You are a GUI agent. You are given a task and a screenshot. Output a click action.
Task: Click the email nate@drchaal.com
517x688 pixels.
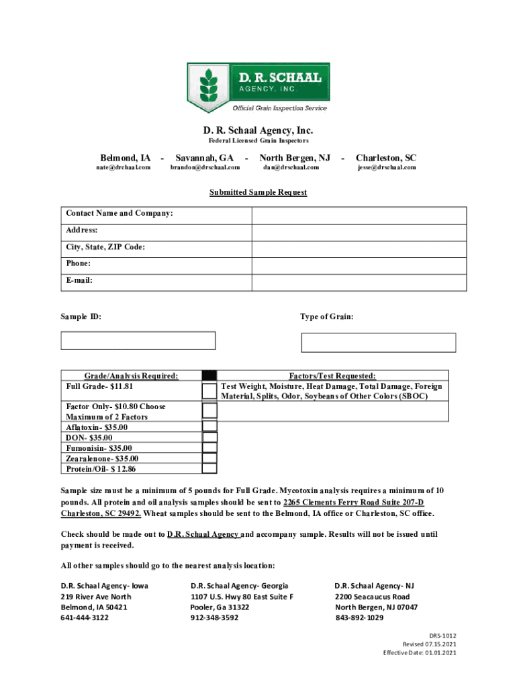123,167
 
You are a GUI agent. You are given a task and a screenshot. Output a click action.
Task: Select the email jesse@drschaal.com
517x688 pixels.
386,167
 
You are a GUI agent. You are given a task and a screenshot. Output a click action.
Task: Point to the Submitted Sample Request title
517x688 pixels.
258,192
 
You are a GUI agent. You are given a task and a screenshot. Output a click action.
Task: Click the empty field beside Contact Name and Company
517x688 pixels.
359,215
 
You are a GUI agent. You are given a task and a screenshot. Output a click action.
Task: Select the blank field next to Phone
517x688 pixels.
359,265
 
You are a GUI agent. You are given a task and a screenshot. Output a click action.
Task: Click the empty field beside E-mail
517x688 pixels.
359,282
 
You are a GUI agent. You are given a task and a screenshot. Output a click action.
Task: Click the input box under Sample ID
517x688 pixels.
138,341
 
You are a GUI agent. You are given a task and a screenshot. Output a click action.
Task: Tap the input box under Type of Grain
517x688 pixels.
378,343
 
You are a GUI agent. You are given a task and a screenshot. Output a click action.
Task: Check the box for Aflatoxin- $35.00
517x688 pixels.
209,427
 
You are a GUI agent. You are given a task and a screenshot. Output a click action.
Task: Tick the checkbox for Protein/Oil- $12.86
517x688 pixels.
209,468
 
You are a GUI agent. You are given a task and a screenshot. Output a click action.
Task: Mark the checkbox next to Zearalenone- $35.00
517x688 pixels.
209,458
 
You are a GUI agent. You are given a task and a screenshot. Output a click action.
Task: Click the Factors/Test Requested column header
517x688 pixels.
332,376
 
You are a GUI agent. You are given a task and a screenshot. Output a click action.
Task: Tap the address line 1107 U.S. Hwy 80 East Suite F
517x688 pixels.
242,597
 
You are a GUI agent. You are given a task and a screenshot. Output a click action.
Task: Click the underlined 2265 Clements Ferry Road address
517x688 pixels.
354,503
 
